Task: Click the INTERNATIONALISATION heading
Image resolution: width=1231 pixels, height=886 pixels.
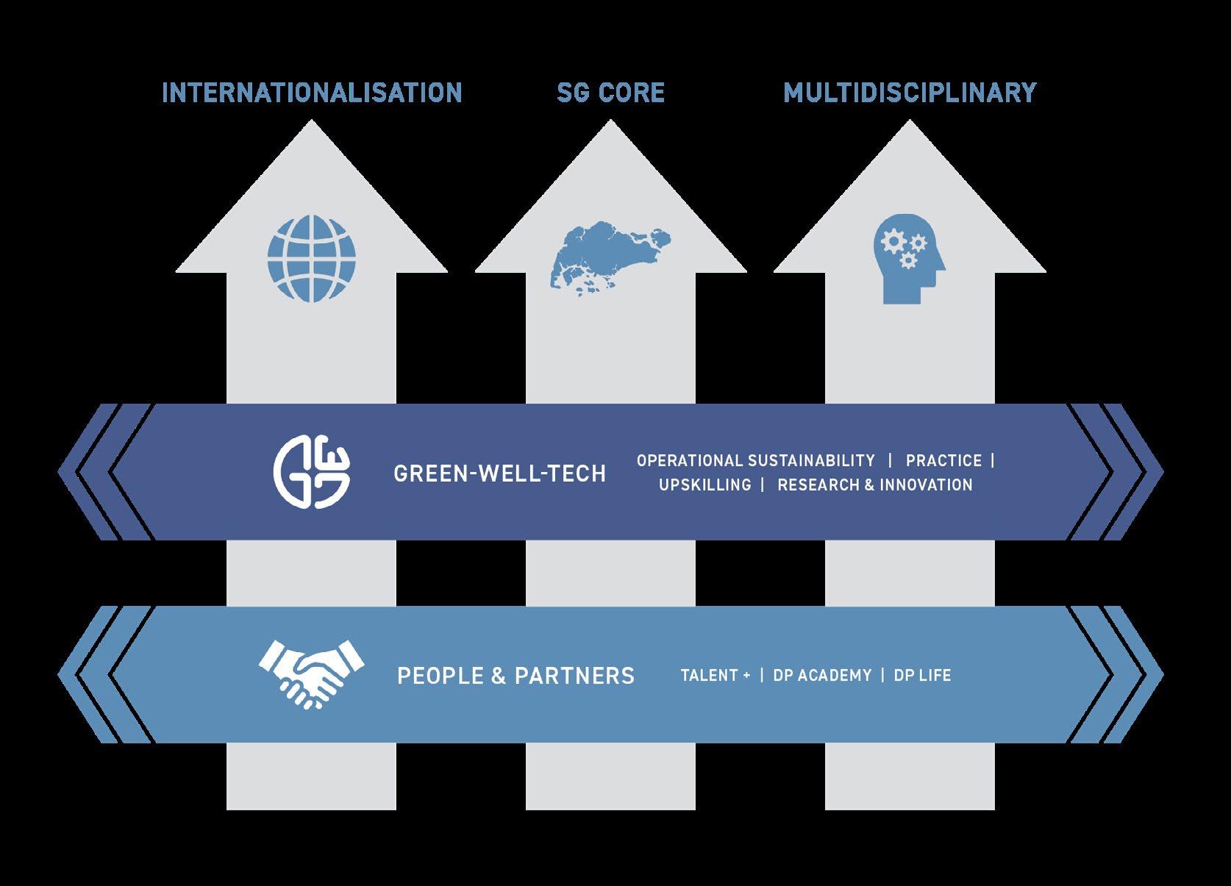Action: pos(312,93)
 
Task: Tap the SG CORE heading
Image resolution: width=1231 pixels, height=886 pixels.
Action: pos(610,93)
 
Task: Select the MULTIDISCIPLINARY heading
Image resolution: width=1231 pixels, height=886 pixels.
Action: pos(910,93)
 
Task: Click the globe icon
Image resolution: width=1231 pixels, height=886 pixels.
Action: pos(311,258)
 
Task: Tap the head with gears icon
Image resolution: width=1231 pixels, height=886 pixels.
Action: pos(908,258)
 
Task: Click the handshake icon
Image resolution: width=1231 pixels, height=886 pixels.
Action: pos(311,674)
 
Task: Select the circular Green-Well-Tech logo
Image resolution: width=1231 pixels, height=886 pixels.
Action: pos(312,472)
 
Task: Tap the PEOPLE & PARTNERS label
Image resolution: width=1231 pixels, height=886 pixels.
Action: pos(515,676)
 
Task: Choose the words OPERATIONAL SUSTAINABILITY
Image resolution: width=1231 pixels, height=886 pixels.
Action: pos(755,461)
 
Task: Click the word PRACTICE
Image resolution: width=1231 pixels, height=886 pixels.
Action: pos(943,461)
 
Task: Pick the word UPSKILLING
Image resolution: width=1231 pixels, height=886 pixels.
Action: pos(704,485)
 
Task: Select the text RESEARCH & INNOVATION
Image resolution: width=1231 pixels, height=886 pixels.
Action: pos(874,485)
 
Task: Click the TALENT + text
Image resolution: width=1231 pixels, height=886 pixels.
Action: pos(715,676)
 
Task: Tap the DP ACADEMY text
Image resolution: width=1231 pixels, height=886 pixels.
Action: pos(822,676)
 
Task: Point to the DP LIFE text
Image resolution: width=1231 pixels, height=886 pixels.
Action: pos(922,676)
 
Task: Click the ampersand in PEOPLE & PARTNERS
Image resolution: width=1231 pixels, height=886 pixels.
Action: pos(498,676)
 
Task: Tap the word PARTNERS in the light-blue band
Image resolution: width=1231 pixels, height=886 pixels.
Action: pos(574,676)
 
